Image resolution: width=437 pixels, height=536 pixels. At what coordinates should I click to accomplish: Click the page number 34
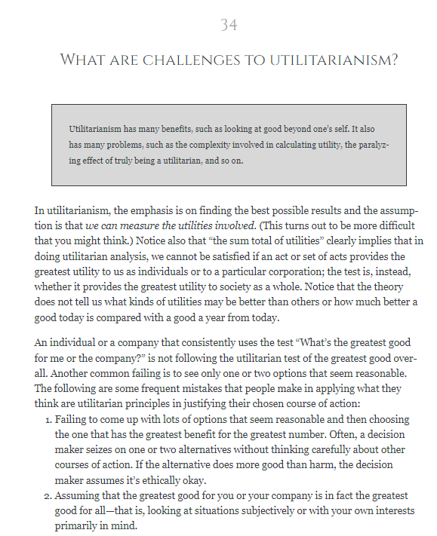tap(229, 25)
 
